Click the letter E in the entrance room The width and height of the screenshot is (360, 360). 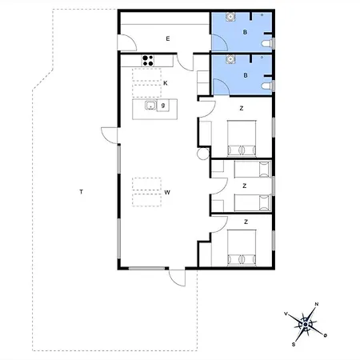click(x=168, y=38)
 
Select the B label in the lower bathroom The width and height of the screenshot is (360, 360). click(x=246, y=75)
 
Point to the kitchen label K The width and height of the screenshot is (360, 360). click(x=165, y=82)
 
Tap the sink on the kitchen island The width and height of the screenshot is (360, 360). click(x=150, y=105)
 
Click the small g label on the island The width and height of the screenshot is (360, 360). click(x=162, y=105)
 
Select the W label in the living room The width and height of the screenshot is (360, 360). click(x=167, y=192)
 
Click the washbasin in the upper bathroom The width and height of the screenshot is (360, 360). click(x=230, y=16)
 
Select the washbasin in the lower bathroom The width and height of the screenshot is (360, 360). click(x=230, y=58)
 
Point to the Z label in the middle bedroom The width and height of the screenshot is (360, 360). click(x=245, y=185)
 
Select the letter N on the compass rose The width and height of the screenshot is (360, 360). click(x=317, y=304)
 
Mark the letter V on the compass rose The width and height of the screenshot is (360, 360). click(x=286, y=314)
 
